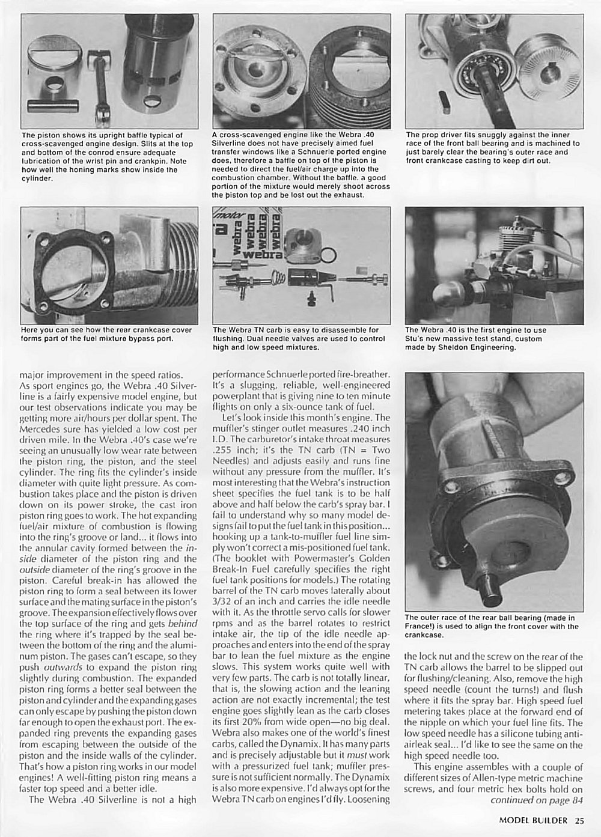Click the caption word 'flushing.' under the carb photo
229,338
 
